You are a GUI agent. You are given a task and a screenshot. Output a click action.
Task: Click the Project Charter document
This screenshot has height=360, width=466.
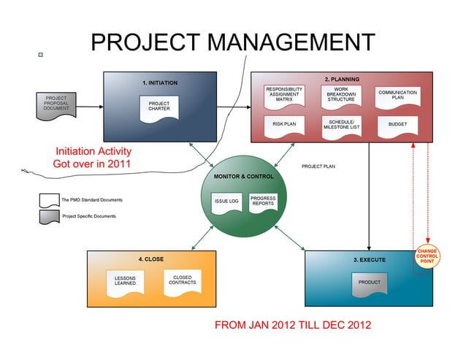point(159,108)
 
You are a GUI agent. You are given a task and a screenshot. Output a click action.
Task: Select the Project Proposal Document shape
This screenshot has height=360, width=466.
point(56,104)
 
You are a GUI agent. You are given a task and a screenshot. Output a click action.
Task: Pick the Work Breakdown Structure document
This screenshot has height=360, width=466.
point(341,96)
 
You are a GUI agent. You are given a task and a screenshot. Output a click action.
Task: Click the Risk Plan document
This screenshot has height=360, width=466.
point(284,125)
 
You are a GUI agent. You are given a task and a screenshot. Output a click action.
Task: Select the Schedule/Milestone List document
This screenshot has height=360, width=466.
point(341,126)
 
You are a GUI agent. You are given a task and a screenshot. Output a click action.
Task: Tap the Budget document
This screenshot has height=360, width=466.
point(397,126)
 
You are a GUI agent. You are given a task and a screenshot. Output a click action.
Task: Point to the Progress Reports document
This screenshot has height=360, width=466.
point(263,201)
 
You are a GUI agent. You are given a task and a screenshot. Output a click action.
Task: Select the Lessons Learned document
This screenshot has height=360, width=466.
point(125,282)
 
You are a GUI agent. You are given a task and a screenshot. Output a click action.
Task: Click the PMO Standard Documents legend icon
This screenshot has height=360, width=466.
point(49,200)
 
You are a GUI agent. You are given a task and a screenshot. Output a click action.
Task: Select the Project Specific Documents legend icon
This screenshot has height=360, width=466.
point(49,216)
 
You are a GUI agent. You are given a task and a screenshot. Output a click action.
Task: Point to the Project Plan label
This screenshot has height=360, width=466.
point(318,166)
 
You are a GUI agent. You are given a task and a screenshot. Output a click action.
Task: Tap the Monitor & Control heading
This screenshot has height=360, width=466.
point(244,177)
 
